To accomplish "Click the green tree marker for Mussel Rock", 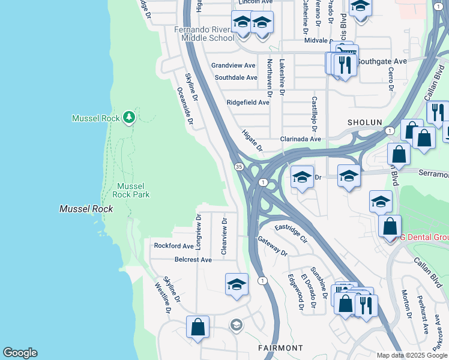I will click(x=128, y=117).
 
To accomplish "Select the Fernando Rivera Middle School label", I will click(x=204, y=34).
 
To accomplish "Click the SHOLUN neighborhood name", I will click(x=364, y=122).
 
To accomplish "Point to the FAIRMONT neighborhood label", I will click(x=280, y=348).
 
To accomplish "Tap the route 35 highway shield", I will click(x=239, y=166).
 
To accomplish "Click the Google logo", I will click(x=20, y=353).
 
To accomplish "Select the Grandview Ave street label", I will click(x=234, y=65).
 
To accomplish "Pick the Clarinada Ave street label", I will click(x=301, y=139).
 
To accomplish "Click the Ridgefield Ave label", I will click(x=248, y=103).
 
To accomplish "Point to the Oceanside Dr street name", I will click(x=185, y=106).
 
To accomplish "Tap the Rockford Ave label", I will click(x=174, y=246).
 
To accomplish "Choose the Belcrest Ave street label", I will click(x=193, y=260).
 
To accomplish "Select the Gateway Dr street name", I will click(x=273, y=245).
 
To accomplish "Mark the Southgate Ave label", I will click(x=387, y=61).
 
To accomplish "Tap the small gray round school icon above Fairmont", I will click(x=237, y=325).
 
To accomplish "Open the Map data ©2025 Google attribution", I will click(x=412, y=355).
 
